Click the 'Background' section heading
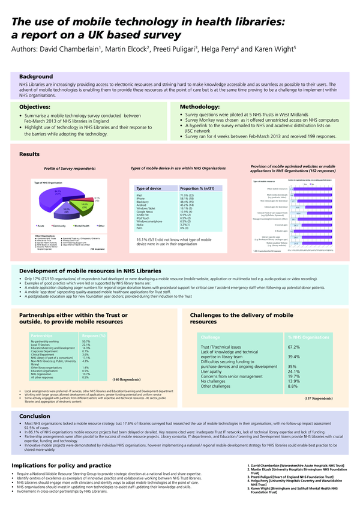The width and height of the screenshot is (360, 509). point(36,77)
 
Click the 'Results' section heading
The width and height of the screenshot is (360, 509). point(29,154)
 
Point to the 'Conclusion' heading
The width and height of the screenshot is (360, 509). point(35,415)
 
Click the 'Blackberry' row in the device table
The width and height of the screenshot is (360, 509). point(143,202)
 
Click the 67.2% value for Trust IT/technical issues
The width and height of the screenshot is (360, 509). point(293,347)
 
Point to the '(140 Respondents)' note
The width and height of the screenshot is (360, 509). point(127,380)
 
